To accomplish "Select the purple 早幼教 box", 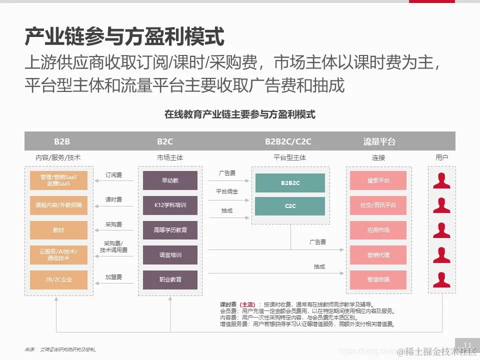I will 170,180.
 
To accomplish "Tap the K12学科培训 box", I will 170,205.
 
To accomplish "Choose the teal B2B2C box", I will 290,183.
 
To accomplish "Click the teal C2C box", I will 290,206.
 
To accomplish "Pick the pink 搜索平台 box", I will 378,180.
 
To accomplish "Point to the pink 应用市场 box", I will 378,230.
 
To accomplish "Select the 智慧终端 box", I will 378,279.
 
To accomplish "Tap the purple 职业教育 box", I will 170,279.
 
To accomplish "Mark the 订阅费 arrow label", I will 114,175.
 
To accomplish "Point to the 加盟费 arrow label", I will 114,277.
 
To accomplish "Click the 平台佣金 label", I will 227,191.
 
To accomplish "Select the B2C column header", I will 165,141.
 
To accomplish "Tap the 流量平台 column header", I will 379,141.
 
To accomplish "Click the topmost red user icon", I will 441,180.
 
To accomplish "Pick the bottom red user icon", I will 441,279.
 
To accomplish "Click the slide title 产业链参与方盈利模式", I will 124,37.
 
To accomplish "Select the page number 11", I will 468,345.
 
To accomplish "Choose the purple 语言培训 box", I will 170,255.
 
